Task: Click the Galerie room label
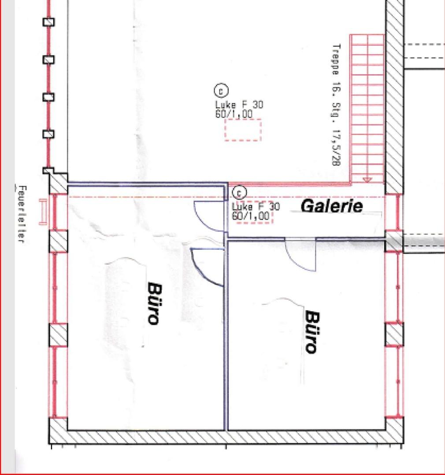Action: pyautogui.click(x=332, y=206)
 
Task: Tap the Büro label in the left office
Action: pyautogui.click(x=155, y=303)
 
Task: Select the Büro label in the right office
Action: pyautogui.click(x=312, y=332)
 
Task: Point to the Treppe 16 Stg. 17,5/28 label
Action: pyautogui.click(x=336, y=105)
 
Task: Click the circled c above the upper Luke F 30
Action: pyautogui.click(x=221, y=91)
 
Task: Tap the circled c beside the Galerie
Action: pyautogui.click(x=239, y=193)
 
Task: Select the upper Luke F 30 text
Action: pyautogui.click(x=239, y=105)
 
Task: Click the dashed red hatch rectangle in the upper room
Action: pyautogui.click(x=243, y=130)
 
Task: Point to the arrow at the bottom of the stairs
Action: pyautogui.click(x=367, y=180)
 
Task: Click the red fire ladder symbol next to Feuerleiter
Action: pyautogui.click(x=43, y=212)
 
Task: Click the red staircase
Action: pyautogui.click(x=367, y=109)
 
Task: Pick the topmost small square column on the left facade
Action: pyautogui.click(x=48, y=22)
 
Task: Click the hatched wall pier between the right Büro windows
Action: pyautogui.click(x=394, y=334)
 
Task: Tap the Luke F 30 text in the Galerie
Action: pyautogui.click(x=256, y=207)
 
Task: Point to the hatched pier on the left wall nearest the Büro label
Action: pyautogui.click(x=58, y=335)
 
